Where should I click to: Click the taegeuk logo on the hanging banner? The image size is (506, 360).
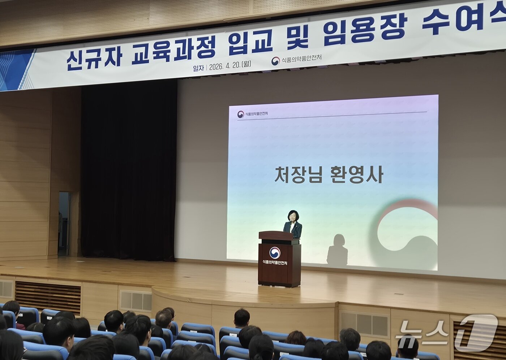[276, 61]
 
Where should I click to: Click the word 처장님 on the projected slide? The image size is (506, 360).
[297, 175]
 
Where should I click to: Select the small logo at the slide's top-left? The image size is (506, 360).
[240, 114]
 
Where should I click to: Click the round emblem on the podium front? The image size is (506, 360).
[275, 252]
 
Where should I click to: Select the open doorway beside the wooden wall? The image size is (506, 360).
[64, 224]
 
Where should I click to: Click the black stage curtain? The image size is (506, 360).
[129, 170]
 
